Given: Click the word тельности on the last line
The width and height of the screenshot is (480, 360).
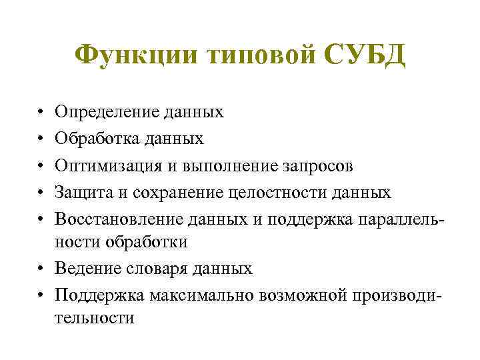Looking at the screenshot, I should coord(95,319).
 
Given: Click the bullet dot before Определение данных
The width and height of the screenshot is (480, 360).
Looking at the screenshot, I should coord(40,112).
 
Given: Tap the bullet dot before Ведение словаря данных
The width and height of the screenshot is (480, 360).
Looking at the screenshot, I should coord(40,269).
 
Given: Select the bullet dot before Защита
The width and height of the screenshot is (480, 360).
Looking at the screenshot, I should coord(40,192).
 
